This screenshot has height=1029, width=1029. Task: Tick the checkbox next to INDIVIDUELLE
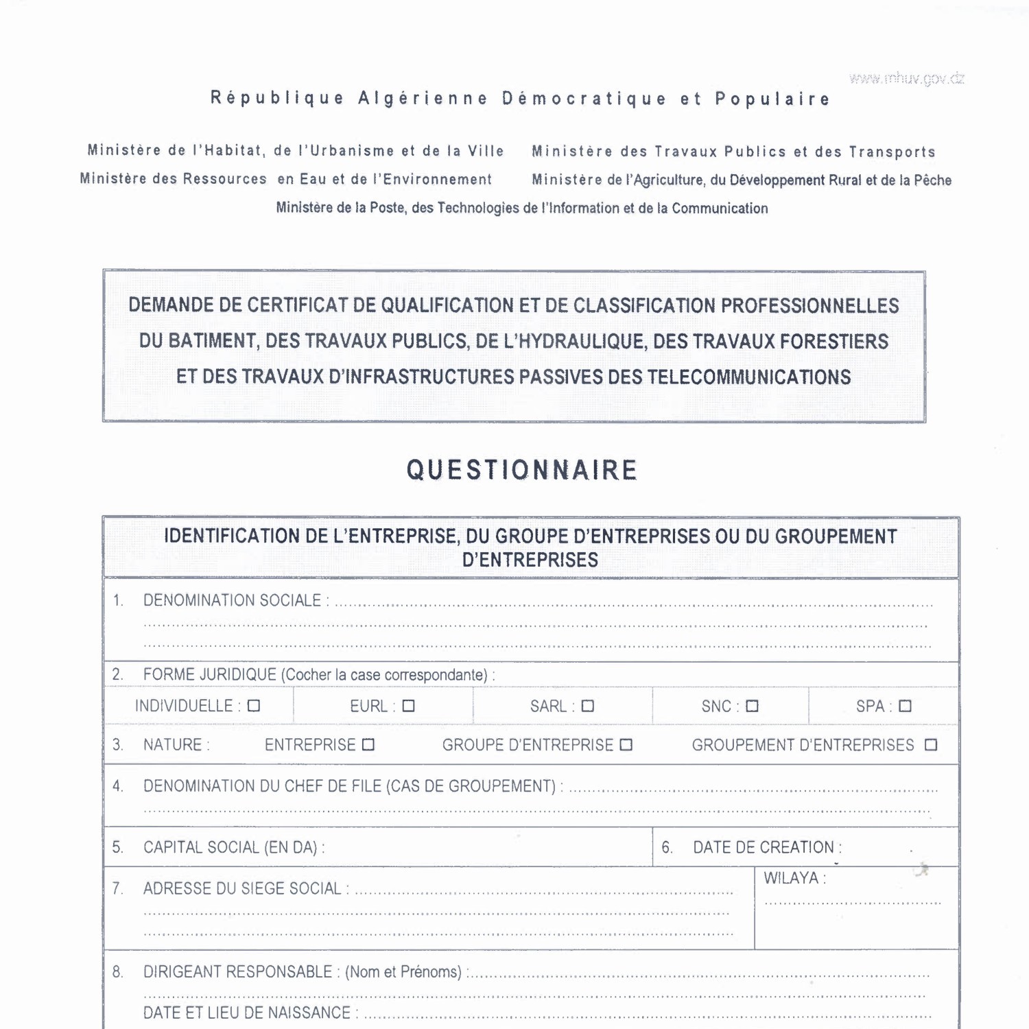pyautogui.click(x=254, y=706)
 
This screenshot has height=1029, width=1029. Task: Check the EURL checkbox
pyautogui.click(x=409, y=706)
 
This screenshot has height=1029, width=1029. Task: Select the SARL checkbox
pyautogui.click(x=588, y=706)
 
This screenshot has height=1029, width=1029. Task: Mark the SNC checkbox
pyautogui.click(x=753, y=706)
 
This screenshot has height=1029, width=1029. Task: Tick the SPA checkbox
pyautogui.click(x=906, y=706)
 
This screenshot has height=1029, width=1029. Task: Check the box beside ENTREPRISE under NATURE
pyautogui.click(x=368, y=745)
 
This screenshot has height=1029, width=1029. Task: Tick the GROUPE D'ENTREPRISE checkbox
pyautogui.click(x=626, y=745)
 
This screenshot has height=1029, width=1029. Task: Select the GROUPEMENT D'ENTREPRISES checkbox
pyautogui.click(x=931, y=745)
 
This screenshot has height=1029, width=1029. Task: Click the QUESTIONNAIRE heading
pyautogui.click(x=522, y=471)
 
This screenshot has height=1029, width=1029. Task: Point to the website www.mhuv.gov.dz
pyautogui.click(x=906, y=78)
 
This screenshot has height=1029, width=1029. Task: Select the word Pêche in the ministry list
pyautogui.click(x=932, y=180)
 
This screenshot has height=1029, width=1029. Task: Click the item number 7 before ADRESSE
pyautogui.click(x=117, y=889)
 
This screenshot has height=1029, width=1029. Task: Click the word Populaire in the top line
pyautogui.click(x=772, y=99)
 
